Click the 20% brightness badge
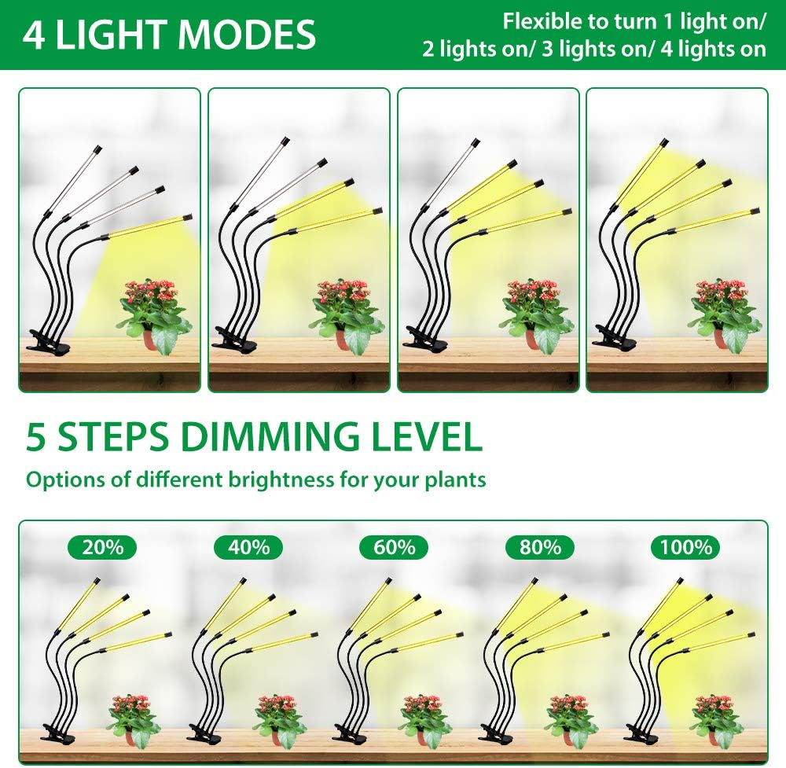click(x=102, y=547)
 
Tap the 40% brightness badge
click(x=248, y=547)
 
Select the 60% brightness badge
click(x=394, y=547)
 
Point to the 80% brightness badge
click(x=540, y=547)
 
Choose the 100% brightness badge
click(x=686, y=547)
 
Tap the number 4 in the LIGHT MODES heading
click(x=34, y=35)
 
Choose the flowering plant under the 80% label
click(x=571, y=715)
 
